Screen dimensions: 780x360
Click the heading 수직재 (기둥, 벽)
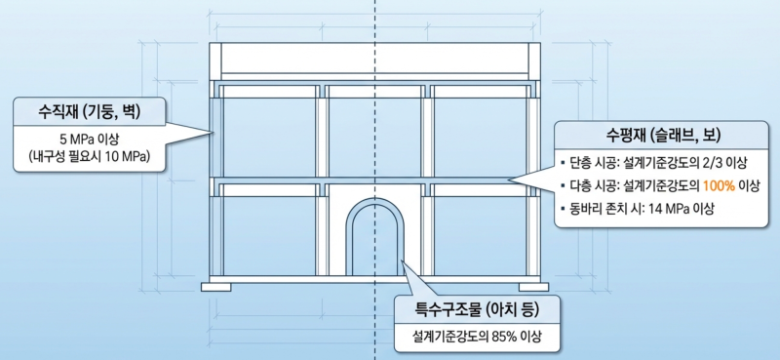pos(90,111)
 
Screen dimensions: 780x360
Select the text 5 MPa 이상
pos(89,138)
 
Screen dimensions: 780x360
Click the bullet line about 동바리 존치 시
pos(637,209)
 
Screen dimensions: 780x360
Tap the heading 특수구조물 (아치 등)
pos(477,311)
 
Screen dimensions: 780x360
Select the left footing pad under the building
pos(215,287)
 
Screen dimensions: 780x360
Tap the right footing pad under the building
pos(533,287)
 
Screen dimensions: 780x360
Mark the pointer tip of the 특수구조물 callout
pos(404,260)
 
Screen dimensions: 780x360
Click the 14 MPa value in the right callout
pos(671,209)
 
